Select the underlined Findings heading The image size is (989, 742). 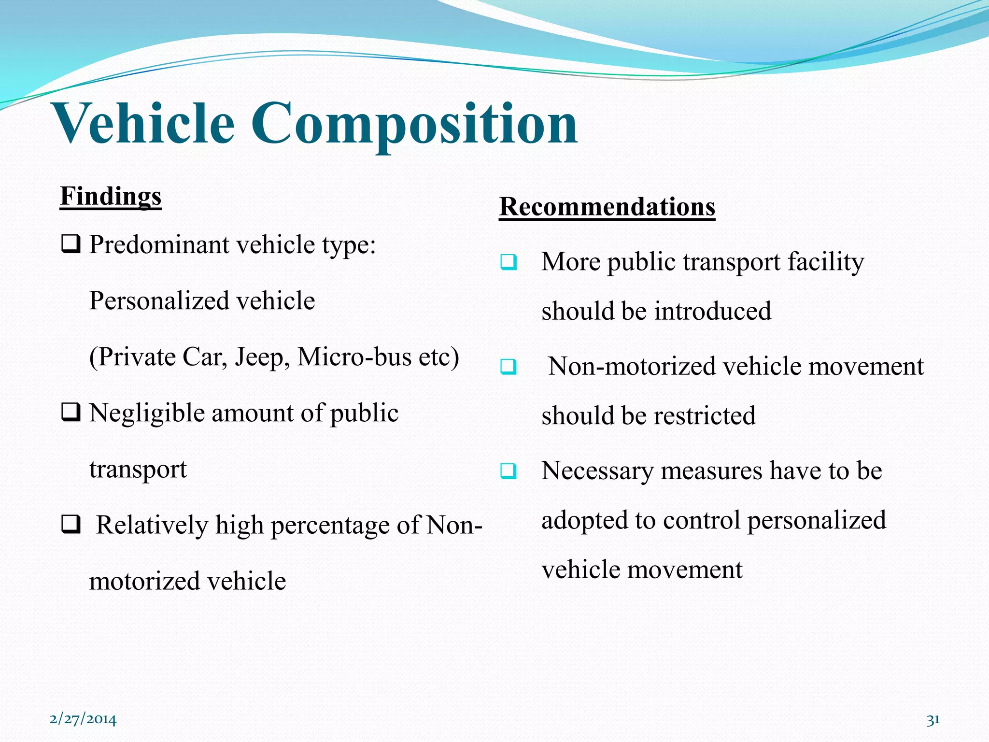click(111, 197)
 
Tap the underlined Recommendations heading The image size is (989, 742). click(607, 207)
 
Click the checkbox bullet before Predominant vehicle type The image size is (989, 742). click(71, 244)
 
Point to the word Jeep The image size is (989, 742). click(262, 357)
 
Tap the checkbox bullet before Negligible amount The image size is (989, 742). click(71, 413)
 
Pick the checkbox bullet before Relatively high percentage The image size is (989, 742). click(71, 525)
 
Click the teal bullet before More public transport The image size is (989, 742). click(509, 262)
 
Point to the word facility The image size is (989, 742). click(825, 262)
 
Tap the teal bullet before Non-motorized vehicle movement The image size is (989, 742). click(509, 367)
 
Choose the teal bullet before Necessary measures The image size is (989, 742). click(509, 471)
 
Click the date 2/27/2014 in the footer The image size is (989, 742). click(83, 719)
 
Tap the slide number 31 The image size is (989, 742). click(933, 720)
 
